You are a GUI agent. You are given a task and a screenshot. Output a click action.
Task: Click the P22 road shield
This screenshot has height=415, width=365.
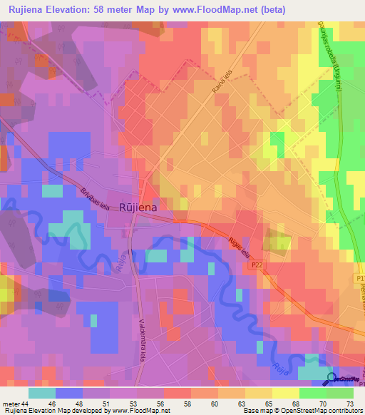coord(257,265)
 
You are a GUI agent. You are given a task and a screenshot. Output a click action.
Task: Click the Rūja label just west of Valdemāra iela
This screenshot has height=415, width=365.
coord(120,264)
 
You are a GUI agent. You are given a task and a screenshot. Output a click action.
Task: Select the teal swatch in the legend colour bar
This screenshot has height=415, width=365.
coord(41,393)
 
